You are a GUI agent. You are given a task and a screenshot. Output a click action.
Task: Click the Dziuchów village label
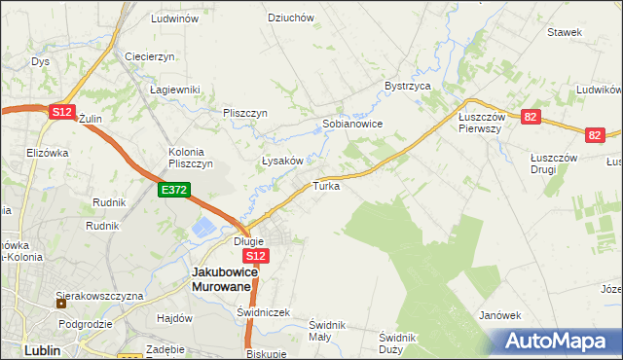click(x=291, y=18)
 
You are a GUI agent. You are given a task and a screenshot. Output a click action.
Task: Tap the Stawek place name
click(x=565, y=32)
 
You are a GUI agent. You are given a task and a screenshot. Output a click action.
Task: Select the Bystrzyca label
click(x=408, y=86)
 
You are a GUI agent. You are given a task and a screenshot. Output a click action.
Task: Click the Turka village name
click(x=326, y=185)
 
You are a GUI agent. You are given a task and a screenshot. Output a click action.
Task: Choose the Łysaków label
click(x=284, y=161)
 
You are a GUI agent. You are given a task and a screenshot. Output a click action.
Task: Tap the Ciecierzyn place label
click(x=149, y=56)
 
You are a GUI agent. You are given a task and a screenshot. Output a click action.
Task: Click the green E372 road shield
click(x=175, y=191)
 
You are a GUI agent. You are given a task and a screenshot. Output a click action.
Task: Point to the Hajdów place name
click(x=172, y=318)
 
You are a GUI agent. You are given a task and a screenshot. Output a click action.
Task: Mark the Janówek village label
click(x=501, y=315)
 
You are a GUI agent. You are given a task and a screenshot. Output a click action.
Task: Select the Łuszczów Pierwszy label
click(x=479, y=122)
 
